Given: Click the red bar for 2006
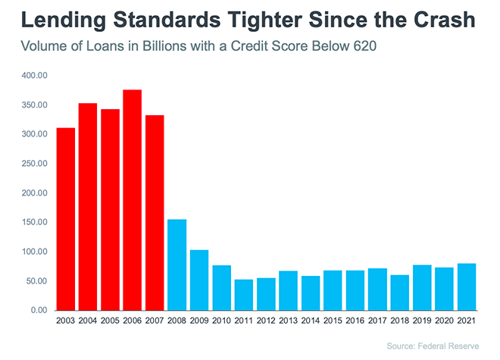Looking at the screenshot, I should [132, 200].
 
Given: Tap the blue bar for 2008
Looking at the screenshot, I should [177, 265].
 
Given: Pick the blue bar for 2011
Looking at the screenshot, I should [243, 295].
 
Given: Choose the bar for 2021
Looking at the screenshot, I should [467, 286].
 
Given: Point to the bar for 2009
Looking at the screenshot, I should [198, 280].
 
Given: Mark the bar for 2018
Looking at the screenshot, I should [399, 293].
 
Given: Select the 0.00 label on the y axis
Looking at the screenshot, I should [38, 310].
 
